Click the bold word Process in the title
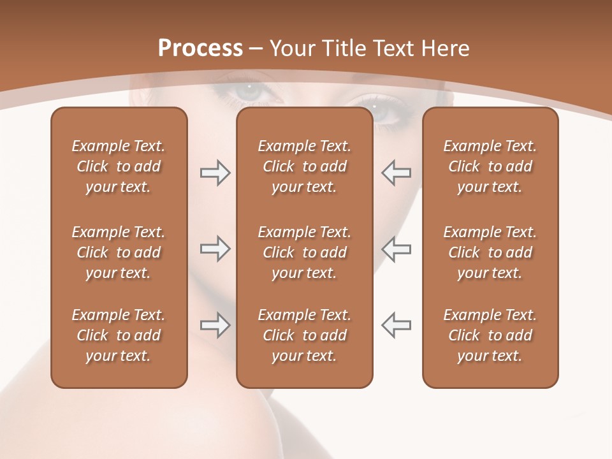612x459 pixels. (200, 48)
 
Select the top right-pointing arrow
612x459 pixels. (215, 173)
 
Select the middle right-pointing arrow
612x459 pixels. (215, 249)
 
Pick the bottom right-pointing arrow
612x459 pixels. (215, 325)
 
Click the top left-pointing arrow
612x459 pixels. (396, 173)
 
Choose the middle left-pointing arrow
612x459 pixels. (396, 249)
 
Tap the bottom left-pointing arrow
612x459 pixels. (396, 325)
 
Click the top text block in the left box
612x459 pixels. (119, 166)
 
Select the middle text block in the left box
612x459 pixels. (119, 252)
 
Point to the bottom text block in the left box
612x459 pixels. (119, 335)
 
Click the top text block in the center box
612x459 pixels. (304, 166)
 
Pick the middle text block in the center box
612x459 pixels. (304, 252)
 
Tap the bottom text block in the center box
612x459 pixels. (304, 335)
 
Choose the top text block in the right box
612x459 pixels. (490, 166)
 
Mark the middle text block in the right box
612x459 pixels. (490, 252)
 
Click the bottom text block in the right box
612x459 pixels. (490, 335)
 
